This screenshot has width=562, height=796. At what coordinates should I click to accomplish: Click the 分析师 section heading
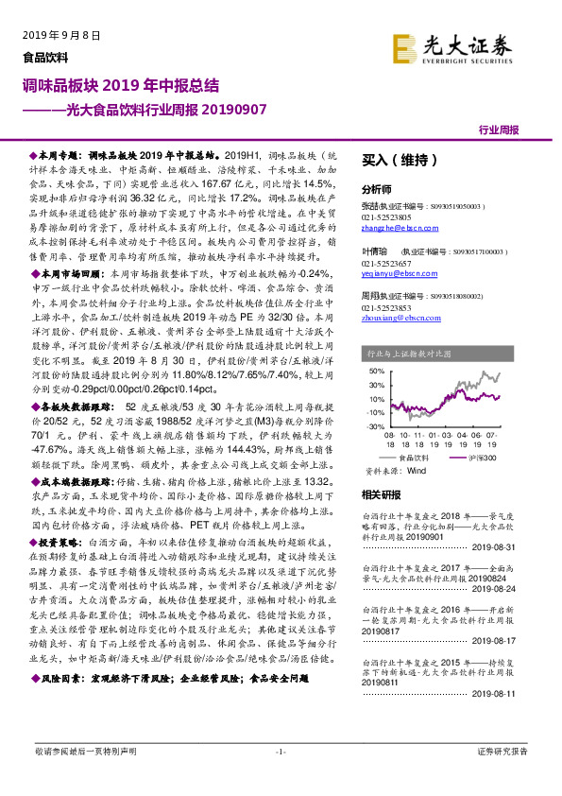[x=378, y=189]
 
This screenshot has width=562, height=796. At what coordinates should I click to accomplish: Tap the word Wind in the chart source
[x=417, y=469]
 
